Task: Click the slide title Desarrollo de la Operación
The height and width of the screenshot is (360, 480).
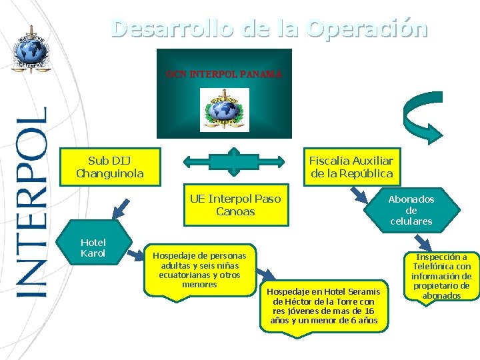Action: tap(269, 29)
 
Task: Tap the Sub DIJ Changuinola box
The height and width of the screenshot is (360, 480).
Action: tap(110, 167)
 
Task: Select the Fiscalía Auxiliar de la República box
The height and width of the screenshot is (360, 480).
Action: tap(351, 167)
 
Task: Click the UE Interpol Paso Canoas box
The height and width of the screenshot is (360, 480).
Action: tap(235, 205)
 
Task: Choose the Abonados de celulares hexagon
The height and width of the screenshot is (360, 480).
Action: tap(411, 210)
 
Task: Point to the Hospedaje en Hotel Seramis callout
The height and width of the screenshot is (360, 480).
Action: tap(323, 306)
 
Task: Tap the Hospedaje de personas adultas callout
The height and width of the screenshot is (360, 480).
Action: tap(199, 269)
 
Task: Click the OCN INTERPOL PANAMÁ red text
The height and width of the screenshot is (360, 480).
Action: tap(224, 73)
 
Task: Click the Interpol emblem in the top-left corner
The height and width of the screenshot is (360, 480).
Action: tap(30, 49)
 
